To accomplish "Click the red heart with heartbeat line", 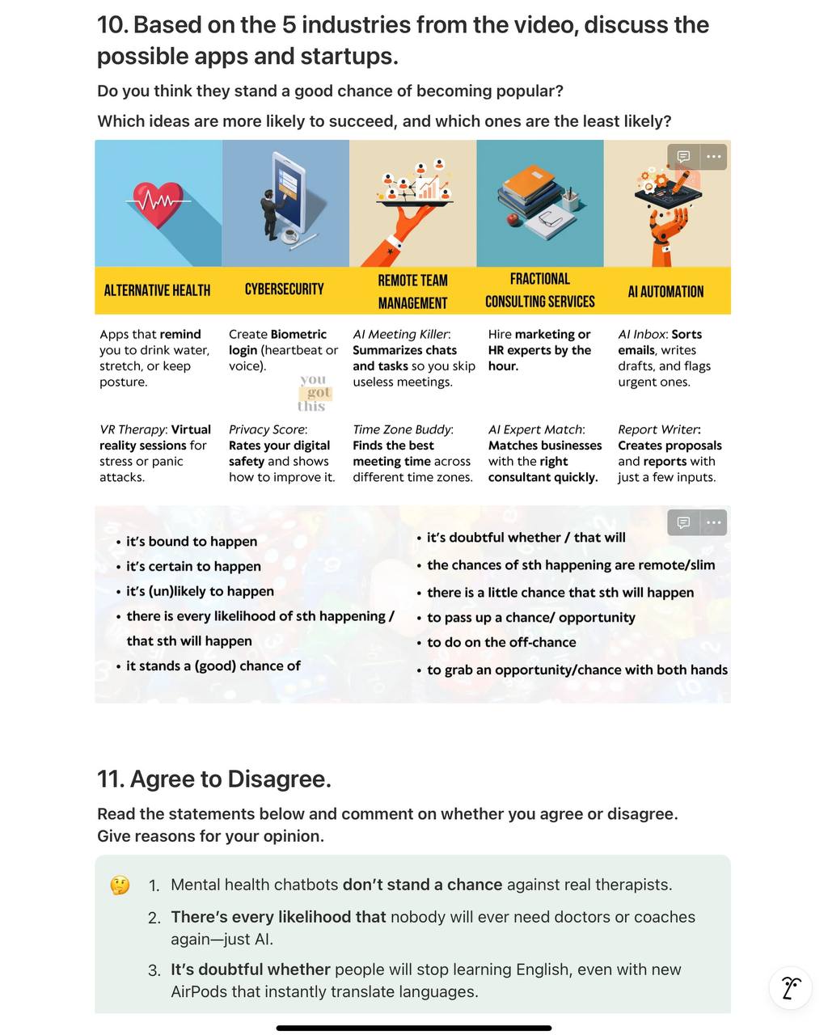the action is (x=158, y=205).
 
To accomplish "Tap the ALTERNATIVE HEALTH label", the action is (x=158, y=290).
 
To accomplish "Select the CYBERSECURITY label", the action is (x=285, y=289).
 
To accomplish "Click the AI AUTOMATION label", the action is (x=665, y=291).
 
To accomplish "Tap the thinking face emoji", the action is (x=120, y=885).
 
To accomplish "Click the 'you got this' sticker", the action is (x=315, y=393).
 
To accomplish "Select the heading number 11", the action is (x=111, y=779).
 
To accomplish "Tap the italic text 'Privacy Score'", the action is (x=267, y=429).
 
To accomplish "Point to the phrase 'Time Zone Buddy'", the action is (x=402, y=429).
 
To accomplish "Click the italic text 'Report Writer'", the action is (x=657, y=429).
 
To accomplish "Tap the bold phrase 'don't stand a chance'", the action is (x=422, y=885).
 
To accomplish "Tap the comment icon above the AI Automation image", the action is (x=683, y=157).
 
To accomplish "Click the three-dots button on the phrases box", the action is (x=713, y=523).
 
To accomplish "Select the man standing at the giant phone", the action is (x=271, y=215).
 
